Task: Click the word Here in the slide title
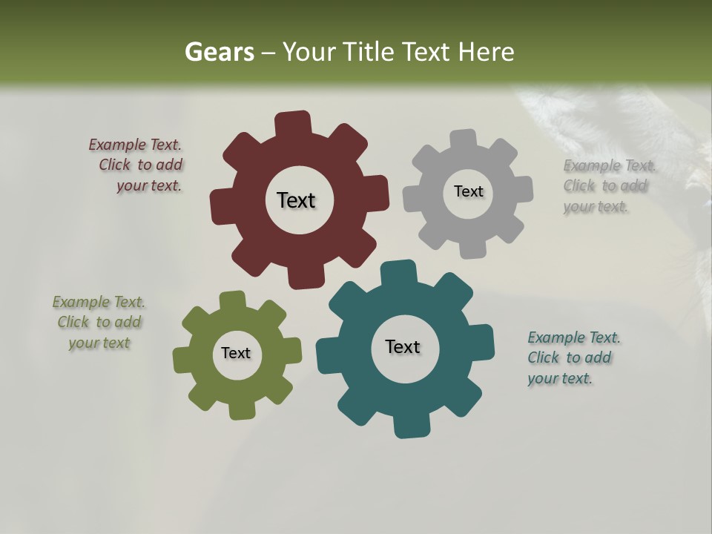pos(486,52)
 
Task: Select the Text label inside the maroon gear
pos(296,200)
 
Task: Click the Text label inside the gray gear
pos(468,191)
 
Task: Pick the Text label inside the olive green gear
pos(236,353)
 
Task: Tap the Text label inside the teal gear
pos(403,346)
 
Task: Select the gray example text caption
pos(610,185)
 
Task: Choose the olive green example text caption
pos(99,322)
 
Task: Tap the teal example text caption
pos(573,357)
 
